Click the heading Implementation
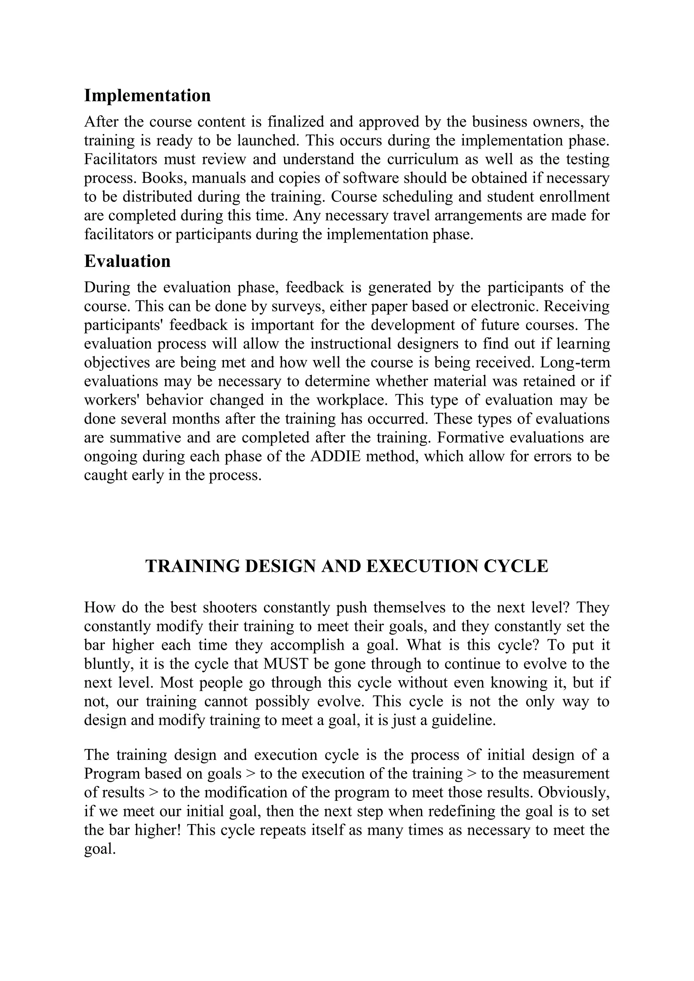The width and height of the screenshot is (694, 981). tap(147, 96)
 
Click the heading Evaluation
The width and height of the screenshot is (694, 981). tap(127, 261)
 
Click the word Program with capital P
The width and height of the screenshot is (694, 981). tap(111, 773)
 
